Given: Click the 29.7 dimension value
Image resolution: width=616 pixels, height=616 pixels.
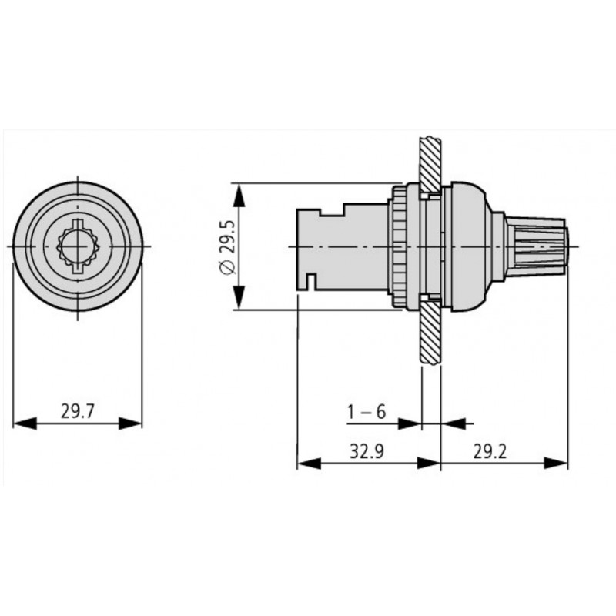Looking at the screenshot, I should click(x=77, y=412).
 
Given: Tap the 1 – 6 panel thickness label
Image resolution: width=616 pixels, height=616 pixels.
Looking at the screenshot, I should click(x=366, y=412).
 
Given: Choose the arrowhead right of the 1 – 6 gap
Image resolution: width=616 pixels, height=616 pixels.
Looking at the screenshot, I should click(x=450, y=423).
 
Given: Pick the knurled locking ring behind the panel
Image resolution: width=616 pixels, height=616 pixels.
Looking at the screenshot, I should click(x=398, y=246).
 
